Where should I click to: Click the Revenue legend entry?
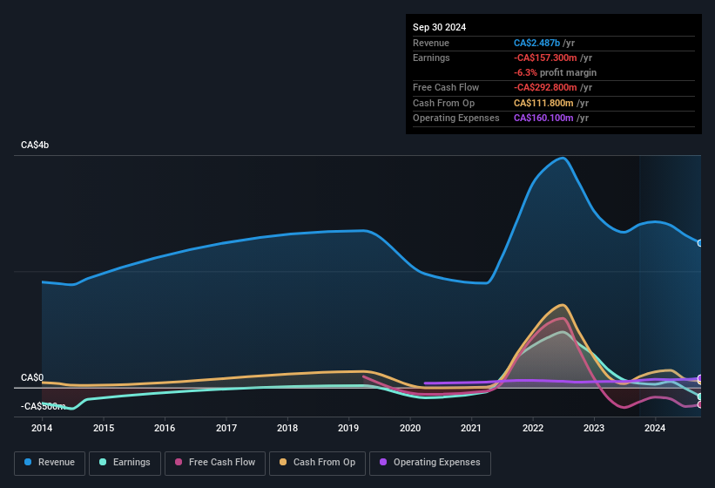(x=50, y=462)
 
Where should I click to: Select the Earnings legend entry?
(x=125, y=462)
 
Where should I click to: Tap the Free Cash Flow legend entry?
(x=215, y=462)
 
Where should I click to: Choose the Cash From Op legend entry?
(x=317, y=462)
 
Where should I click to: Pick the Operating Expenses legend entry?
(x=430, y=462)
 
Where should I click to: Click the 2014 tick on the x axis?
(x=42, y=428)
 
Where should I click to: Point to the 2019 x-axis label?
(x=348, y=428)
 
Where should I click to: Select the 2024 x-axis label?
(x=655, y=428)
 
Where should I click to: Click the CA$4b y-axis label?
(x=35, y=145)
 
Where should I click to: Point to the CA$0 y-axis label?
(x=32, y=377)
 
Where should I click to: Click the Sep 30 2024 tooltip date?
(x=439, y=27)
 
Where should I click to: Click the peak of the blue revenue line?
(x=563, y=158)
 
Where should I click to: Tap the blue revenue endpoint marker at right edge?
(x=700, y=243)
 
